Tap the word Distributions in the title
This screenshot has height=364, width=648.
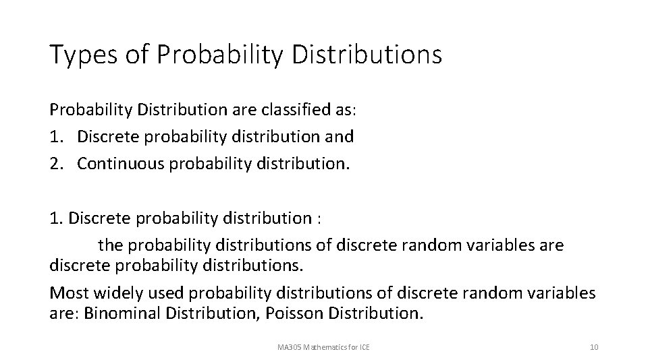tap(368, 55)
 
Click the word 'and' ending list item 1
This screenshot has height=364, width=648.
tap(340, 136)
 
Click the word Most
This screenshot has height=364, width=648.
tap(67, 293)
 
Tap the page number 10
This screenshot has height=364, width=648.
tap(594, 347)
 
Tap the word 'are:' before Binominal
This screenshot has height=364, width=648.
tap(64, 314)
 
